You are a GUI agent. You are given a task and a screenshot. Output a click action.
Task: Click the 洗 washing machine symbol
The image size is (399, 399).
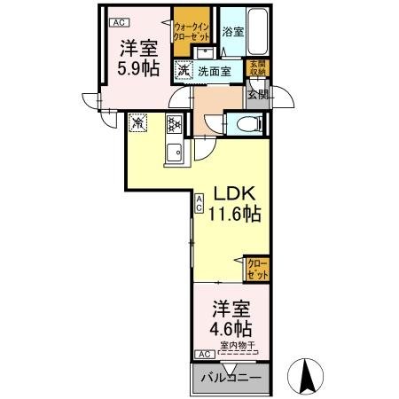coord(183,69)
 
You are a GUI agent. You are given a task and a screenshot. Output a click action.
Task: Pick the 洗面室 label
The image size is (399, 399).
coord(215,70)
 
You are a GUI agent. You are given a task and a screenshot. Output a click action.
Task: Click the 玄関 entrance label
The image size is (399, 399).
coord(257,93)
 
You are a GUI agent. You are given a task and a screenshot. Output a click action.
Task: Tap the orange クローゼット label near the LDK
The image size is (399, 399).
coord(256,269)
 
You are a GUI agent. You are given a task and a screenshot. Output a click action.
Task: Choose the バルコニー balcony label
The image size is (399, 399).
coord(231,379)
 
